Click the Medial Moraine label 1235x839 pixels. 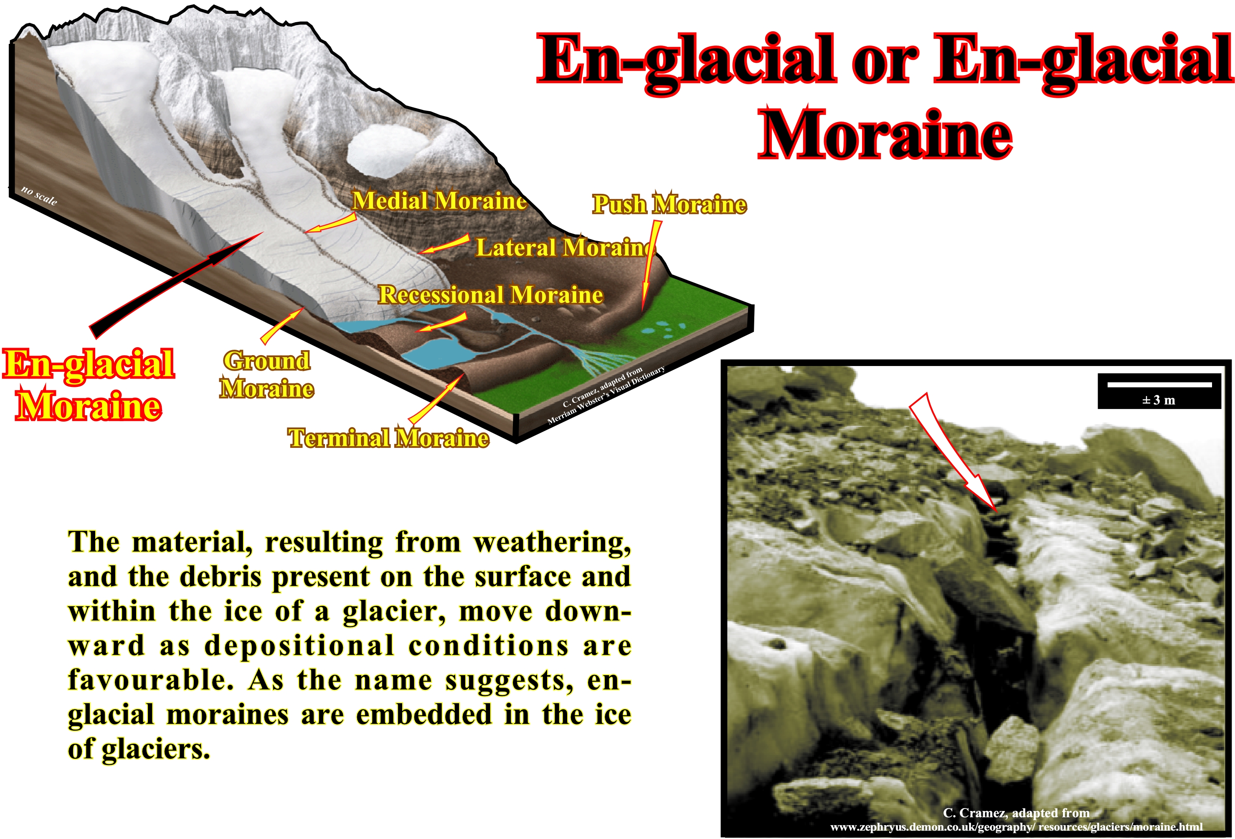(439, 201)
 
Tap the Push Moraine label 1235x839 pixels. (669, 204)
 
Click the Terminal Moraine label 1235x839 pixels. (388, 438)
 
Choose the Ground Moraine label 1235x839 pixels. (267, 374)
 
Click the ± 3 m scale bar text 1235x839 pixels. (1159, 400)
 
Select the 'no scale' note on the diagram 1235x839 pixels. (39, 196)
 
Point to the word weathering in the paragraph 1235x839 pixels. (552, 543)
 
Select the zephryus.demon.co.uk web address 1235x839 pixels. (1017, 827)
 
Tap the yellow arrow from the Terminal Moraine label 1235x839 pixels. (437, 398)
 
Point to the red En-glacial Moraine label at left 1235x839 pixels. (89, 385)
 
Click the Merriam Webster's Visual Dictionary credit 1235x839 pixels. (606, 395)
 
